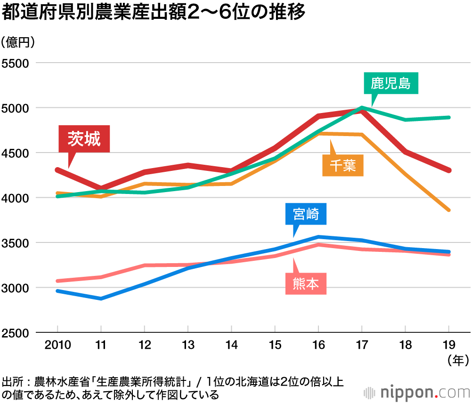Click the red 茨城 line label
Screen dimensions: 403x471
point(84,139)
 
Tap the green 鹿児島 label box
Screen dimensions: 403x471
point(390,84)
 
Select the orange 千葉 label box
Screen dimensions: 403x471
point(343,165)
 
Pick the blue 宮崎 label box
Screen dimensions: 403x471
point(306,215)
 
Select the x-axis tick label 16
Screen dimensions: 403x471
point(318,346)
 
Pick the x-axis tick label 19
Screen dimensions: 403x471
point(449,346)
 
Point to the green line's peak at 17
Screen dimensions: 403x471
point(362,108)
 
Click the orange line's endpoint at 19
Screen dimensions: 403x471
point(449,210)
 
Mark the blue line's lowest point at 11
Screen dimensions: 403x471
point(101,298)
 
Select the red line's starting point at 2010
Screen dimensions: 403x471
point(57,169)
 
